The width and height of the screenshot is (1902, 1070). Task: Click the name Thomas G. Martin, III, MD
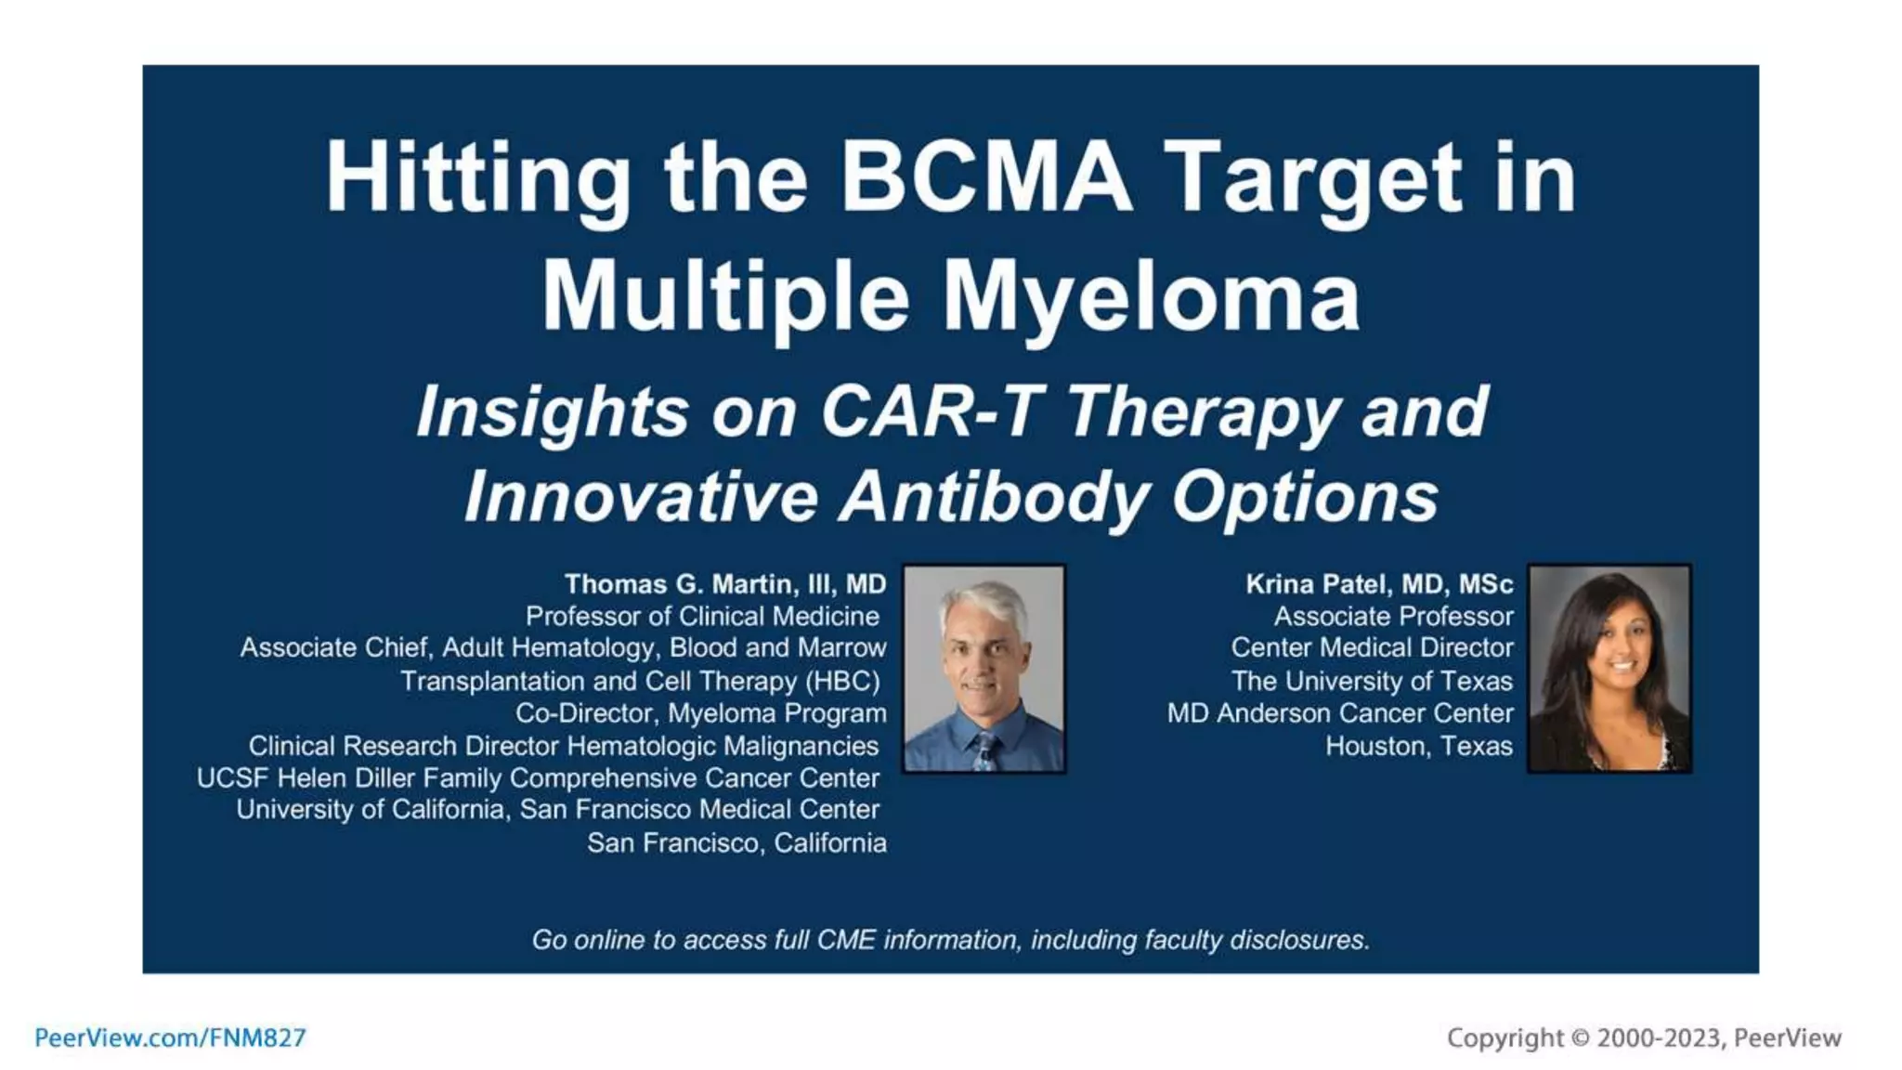pyautogui.click(x=724, y=584)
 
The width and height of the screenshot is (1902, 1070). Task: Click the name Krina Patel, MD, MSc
pyautogui.click(x=1378, y=584)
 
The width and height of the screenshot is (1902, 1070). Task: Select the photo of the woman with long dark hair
pyautogui.click(x=1609, y=669)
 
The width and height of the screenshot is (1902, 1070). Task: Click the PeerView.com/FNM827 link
pyautogui.click(x=170, y=1037)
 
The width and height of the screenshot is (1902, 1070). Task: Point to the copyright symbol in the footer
pyautogui.click(x=1579, y=1037)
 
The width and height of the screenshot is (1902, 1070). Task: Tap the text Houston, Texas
pyautogui.click(x=1418, y=746)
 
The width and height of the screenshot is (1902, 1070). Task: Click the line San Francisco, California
pyautogui.click(x=736, y=842)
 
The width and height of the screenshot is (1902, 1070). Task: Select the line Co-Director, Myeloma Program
pyautogui.click(x=700, y=713)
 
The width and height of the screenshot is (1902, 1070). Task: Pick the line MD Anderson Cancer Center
pyautogui.click(x=1339, y=713)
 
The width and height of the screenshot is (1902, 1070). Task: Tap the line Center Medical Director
pyautogui.click(x=1372, y=647)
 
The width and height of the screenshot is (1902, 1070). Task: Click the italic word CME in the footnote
pyautogui.click(x=846, y=940)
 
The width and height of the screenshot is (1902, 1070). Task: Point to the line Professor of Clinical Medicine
pyautogui.click(x=702, y=616)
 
